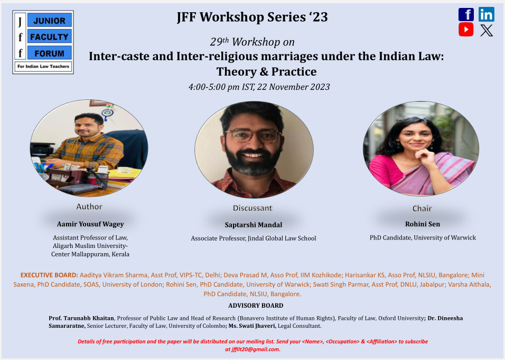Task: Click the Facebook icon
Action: point(466,14)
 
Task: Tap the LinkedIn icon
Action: point(487,14)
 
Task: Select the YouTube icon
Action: point(466,30)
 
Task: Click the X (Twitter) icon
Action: point(487,30)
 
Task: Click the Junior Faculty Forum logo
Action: point(43,42)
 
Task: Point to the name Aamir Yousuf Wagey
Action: point(90,224)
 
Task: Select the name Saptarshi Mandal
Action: point(253,225)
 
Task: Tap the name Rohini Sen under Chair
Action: point(422,224)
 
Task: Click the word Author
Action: point(89,207)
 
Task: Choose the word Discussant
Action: point(253,208)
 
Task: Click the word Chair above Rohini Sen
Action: point(422,208)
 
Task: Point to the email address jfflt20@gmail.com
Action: point(253,349)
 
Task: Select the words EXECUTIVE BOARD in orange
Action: point(49,275)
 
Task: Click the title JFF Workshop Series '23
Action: point(253,17)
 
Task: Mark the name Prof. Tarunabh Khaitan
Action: point(81,318)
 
